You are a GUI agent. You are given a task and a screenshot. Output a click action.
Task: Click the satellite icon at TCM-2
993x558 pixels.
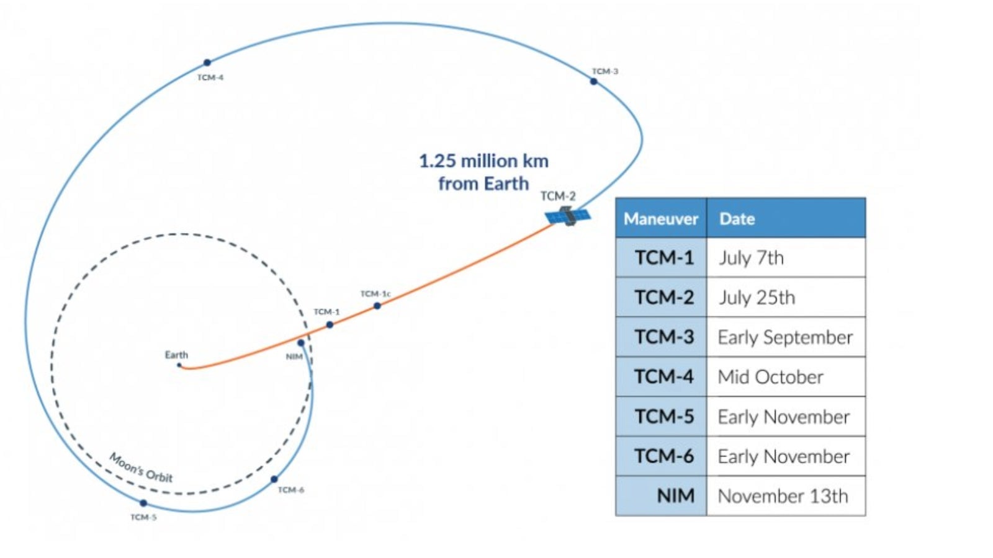point(568,216)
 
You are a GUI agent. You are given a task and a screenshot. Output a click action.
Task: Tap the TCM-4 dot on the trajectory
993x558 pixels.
point(207,63)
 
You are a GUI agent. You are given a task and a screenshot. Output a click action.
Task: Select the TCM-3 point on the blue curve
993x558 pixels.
point(594,81)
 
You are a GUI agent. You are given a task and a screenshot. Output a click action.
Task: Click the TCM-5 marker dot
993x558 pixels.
point(143,503)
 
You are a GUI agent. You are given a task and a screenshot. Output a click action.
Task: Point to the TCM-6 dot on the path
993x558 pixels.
point(274,479)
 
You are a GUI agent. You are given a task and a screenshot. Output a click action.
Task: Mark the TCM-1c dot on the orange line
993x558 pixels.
point(377,306)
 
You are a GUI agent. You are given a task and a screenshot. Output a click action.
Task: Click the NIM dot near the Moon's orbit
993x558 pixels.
point(301,343)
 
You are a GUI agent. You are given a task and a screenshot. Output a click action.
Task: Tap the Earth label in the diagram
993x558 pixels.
point(176,355)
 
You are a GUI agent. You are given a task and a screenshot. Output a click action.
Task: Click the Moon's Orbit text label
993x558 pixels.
point(142,468)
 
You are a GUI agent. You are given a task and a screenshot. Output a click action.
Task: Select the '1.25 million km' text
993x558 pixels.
point(483,161)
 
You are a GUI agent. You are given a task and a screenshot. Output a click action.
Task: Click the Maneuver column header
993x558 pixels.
point(661,219)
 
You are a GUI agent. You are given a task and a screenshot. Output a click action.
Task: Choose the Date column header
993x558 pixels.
point(737,219)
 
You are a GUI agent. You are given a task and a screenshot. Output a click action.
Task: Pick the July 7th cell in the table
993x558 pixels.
point(752,258)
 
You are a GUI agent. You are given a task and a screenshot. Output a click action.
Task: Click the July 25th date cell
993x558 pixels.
point(757,298)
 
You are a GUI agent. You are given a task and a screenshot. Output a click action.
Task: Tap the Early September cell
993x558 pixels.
point(785,337)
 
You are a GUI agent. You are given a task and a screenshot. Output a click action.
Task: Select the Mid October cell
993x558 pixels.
point(771,377)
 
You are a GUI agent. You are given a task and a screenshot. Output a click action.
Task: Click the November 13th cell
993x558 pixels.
point(783,496)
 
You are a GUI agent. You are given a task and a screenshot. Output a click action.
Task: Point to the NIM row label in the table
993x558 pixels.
point(675,496)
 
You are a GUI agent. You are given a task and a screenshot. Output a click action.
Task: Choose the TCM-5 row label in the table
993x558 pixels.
point(664,417)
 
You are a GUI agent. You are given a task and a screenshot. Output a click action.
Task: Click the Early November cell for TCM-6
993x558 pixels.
point(784,456)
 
